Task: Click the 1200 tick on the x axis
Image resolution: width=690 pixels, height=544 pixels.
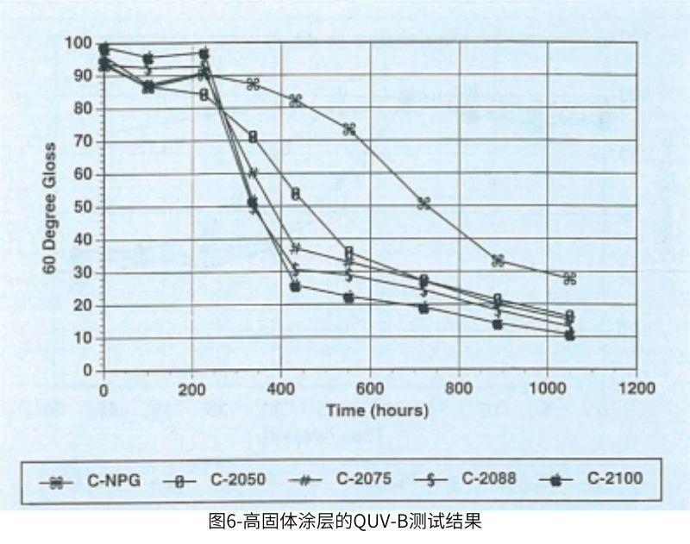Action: click(x=637, y=388)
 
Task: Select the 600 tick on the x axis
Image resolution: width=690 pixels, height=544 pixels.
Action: click(x=370, y=388)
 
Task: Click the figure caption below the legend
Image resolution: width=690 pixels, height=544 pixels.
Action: click(x=344, y=522)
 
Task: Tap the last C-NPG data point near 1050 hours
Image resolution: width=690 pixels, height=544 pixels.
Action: click(x=569, y=278)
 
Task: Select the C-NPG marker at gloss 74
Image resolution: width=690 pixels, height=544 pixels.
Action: click(x=349, y=129)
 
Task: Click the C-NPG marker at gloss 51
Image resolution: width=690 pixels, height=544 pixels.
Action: click(x=423, y=203)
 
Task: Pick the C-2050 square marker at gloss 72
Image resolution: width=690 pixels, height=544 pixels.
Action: click(x=253, y=136)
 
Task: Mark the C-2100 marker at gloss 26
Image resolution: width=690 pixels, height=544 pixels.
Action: click(x=295, y=285)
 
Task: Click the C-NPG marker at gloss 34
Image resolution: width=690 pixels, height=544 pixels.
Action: click(x=498, y=260)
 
